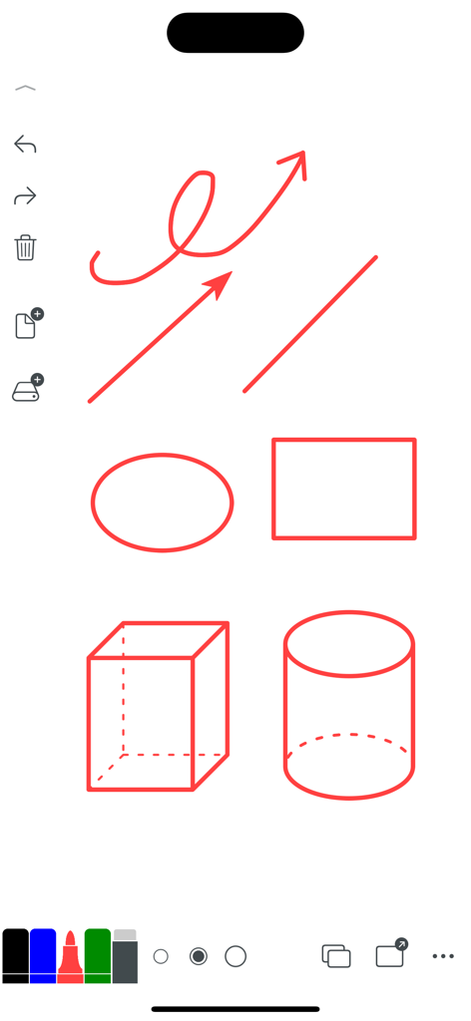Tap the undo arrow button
point(25,146)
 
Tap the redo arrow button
point(25,196)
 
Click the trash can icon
point(25,247)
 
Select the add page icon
point(27,324)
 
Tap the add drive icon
point(27,390)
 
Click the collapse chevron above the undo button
point(25,89)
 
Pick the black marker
point(16,956)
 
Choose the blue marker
point(43,956)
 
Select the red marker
point(70,958)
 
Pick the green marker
point(98,956)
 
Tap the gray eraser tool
point(125,957)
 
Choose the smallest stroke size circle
point(161,956)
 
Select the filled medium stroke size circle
point(199,956)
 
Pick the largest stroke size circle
point(235,956)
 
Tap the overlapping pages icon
point(336,956)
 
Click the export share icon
point(390,954)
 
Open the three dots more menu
point(443,956)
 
